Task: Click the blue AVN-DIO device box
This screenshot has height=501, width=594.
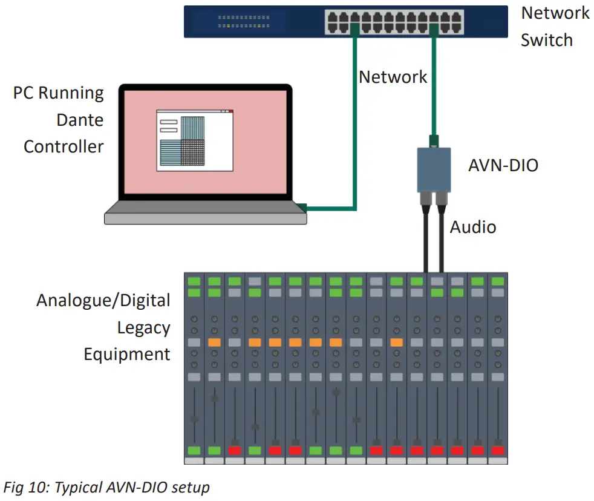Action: [434, 170]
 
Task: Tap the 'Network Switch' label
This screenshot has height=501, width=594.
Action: [555, 27]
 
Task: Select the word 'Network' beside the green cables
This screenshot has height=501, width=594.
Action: [393, 77]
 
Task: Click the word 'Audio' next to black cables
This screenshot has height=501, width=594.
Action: [472, 227]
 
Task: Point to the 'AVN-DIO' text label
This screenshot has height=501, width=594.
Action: [503, 165]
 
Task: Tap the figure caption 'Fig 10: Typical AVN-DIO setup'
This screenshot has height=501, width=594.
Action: [106, 488]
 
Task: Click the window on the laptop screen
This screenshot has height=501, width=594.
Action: [195, 140]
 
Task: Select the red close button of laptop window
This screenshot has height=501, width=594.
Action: [230, 111]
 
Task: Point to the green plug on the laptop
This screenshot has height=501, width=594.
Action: [302, 208]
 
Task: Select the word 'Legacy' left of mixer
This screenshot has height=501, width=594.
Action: [143, 327]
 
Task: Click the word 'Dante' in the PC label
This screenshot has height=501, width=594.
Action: [80, 120]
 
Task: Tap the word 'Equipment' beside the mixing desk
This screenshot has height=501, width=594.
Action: [127, 354]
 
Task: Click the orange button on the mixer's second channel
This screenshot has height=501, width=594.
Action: [214, 342]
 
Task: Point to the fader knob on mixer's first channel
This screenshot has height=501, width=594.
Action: [195, 419]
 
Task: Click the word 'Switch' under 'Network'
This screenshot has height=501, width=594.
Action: [546, 40]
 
